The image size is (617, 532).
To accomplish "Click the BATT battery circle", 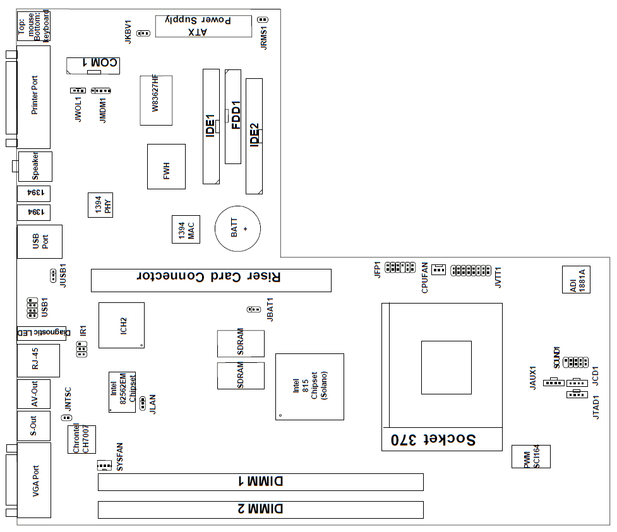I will click(237, 228).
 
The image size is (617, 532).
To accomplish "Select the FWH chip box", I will click(166, 167).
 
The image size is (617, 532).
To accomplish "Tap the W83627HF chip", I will click(156, 100).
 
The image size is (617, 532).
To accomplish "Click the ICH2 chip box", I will click(121, 325).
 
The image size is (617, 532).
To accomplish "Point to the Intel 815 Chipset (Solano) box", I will click(309, 386).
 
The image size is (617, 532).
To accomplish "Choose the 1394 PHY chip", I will click(100, 205).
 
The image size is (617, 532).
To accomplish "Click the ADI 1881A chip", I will click(575, 280).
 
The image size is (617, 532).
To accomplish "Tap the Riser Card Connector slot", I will click(211, 280).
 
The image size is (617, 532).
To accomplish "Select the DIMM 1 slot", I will click(260, 482).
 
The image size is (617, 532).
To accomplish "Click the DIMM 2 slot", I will click(260, 510).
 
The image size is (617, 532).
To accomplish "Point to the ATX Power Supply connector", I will click(203, 26).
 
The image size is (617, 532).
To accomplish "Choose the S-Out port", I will click(33, 426).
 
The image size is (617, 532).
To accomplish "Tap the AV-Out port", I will click(33, 394).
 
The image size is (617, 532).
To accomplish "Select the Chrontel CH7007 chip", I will click(81, 439).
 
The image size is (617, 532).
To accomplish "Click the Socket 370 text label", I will click(434, 440).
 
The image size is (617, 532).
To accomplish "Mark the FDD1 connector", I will click(233, 116).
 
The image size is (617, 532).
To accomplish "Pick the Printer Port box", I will click(33, 96).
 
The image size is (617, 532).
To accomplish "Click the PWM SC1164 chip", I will click(530, 456).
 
